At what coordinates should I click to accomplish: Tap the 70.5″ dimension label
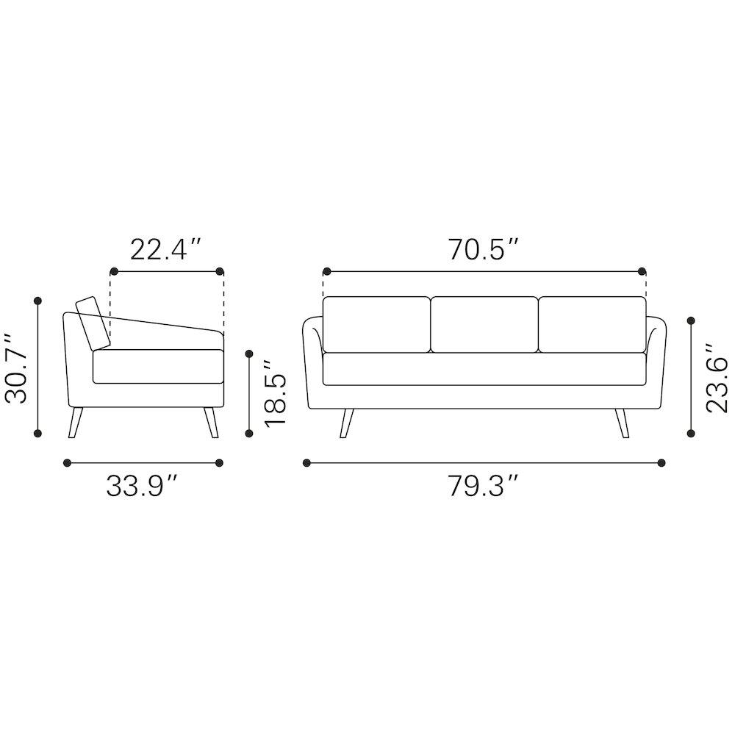click(484, 249)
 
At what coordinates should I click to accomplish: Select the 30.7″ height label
click(17, 368)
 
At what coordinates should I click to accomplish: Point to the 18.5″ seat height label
click(275, 393)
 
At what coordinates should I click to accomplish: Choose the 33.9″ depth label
click(142, 486)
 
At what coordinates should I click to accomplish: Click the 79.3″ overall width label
click(484, 486)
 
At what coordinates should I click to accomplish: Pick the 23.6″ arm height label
click(717, 378)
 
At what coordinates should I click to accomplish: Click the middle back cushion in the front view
click(484, 324)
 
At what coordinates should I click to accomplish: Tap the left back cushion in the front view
click(376, 324)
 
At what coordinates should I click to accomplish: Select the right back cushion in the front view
click(592, 324)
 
